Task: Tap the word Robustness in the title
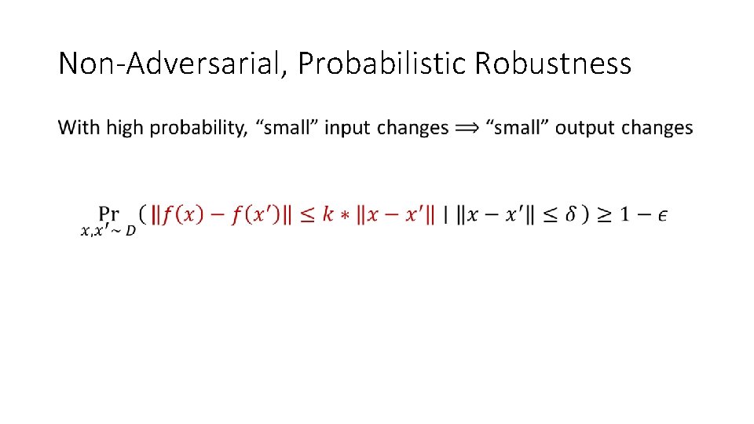click(553, 64)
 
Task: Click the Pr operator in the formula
click(109, 214)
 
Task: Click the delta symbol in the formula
click(571, 214)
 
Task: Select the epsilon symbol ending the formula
click(663, 216)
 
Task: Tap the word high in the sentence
click(125, 128)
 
